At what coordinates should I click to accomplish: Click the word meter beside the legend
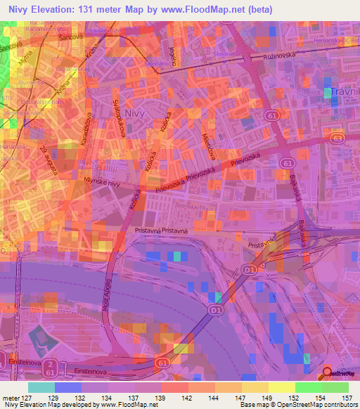pos(11,398)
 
